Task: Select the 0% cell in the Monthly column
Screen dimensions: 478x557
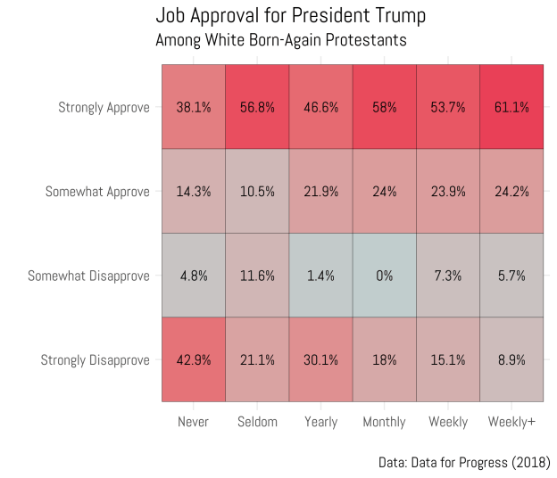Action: click(x=384, y=276)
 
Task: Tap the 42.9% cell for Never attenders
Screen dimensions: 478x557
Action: click(x=194, y=359)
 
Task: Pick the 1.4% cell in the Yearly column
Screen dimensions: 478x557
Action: click(x=320, y=276)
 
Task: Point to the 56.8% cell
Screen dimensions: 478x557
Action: click(x=257, y=107)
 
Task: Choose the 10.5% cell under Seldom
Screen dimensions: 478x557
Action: click(x=257, y=191)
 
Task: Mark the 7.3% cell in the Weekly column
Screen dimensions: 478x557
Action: click(x=448, y=276)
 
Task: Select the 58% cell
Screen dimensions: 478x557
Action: click(x=384, y=107)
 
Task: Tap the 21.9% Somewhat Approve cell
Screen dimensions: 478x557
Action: click(x=320, y=191)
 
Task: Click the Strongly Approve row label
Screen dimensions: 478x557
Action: click(x=104, y=108)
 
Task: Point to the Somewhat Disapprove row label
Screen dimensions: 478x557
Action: click(x=88, y=276)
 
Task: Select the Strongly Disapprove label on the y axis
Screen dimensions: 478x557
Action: click(x=96, y=360)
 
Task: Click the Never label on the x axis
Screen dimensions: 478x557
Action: click(x=194, y=422)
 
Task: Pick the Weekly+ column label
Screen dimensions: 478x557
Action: click(x=511, y=422)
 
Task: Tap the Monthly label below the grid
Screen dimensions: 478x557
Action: click(x=384, y=422)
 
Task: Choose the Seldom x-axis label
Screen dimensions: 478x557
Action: click(x=257, y=422)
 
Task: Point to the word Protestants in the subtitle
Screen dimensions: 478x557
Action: click(x=364, y=40)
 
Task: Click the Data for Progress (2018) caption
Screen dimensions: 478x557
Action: click(x=464, y=462)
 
